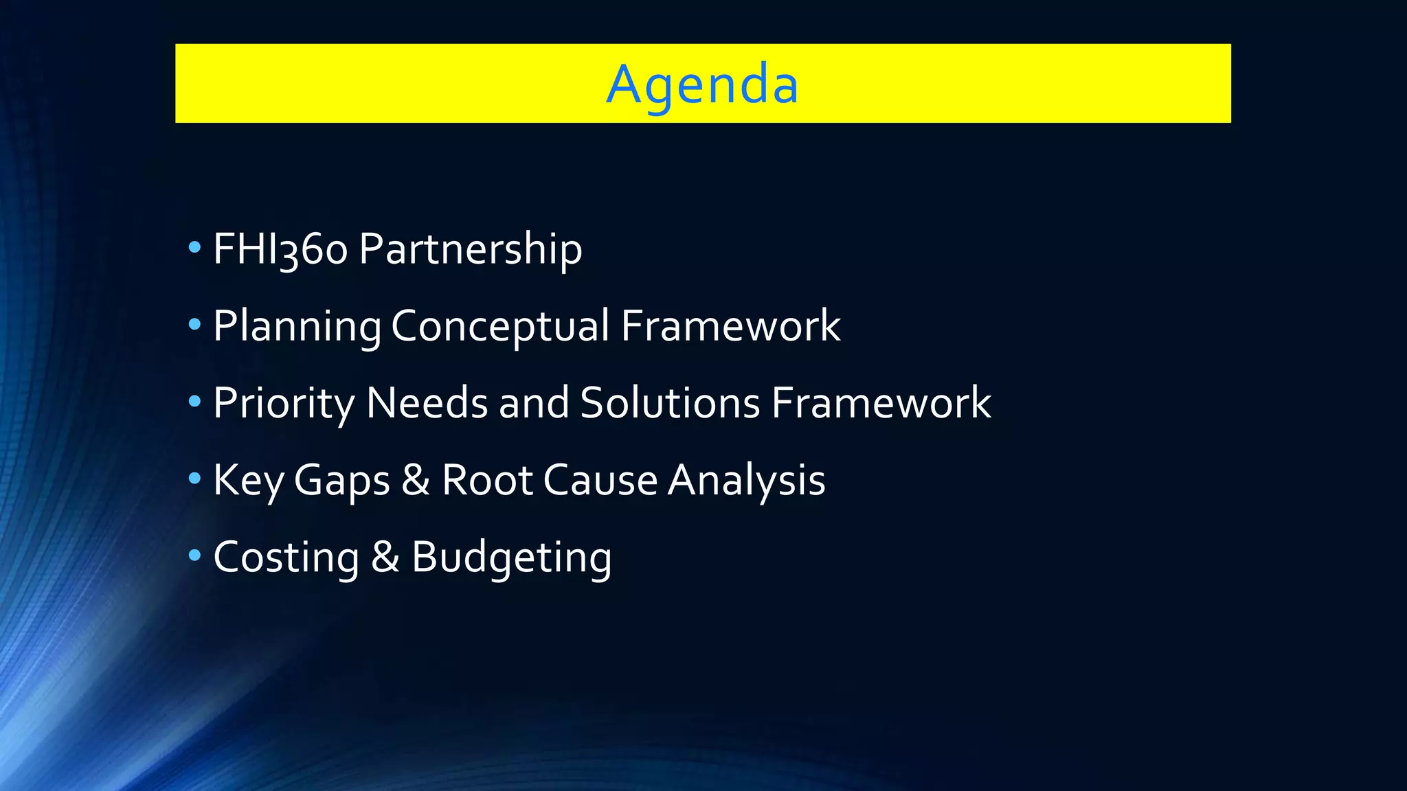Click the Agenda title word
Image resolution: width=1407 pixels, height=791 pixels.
[702, 84]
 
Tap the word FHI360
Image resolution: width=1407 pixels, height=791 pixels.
[280, 249]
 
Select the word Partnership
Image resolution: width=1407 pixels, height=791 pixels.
[470, 249]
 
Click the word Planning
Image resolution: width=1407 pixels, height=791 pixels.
[297, 325]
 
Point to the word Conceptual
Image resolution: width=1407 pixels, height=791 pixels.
[500, 325]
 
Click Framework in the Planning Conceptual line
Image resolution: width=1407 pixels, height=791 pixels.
[730, 325]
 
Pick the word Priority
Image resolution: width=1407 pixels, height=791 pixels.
[284, 402]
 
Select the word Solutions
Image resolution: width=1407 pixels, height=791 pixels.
[670, 402]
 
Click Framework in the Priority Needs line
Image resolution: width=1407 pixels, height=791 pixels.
[881, 402]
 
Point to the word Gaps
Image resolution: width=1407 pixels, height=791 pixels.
[342, 480]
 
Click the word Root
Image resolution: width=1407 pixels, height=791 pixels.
[487, 480]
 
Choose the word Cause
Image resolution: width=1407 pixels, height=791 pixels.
[600, 480]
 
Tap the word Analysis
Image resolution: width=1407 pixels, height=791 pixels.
[747, 480]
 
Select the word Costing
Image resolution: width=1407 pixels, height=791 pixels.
[286, 557]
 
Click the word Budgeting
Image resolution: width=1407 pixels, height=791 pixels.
[511, 557]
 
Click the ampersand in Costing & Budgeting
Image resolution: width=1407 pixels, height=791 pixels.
[385, 557]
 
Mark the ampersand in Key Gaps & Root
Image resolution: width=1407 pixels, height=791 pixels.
[416, 480]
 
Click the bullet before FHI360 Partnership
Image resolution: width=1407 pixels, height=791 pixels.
[194, 247]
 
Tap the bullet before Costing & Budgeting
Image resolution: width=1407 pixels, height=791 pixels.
[194, 555]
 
